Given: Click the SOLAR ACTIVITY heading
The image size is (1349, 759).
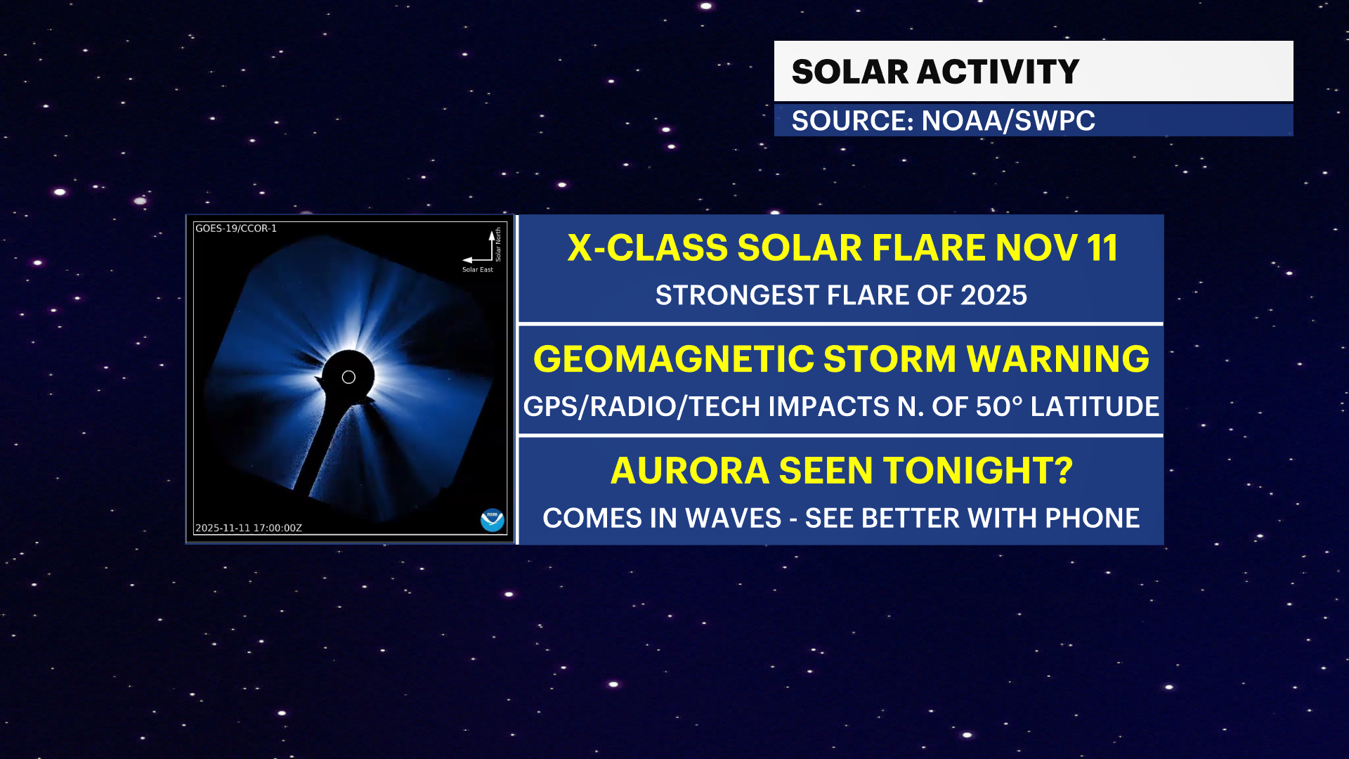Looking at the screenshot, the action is coord(935,72).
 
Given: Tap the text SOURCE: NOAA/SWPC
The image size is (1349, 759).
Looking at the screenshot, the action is coord(943,121).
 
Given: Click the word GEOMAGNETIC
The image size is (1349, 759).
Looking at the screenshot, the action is coord(673,359).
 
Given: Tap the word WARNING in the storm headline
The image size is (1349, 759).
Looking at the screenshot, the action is coord(1058,359).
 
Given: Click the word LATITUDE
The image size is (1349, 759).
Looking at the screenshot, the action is coord(1095,406).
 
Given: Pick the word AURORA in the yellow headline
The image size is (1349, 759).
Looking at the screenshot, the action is coord(690,470).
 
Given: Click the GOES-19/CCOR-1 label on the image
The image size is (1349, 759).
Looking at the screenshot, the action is coord(236,228).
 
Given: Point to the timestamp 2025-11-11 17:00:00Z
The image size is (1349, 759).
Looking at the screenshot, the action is coord(249,528).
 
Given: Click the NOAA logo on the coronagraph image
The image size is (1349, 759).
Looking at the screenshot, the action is coord(493,520).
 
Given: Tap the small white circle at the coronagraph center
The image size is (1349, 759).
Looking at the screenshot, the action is coord(348,377).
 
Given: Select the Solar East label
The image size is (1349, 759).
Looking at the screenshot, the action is coord(478,269).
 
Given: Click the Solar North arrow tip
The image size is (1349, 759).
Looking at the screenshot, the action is coord(492,231).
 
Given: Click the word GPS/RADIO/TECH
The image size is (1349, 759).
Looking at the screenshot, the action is coord(641,406).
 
